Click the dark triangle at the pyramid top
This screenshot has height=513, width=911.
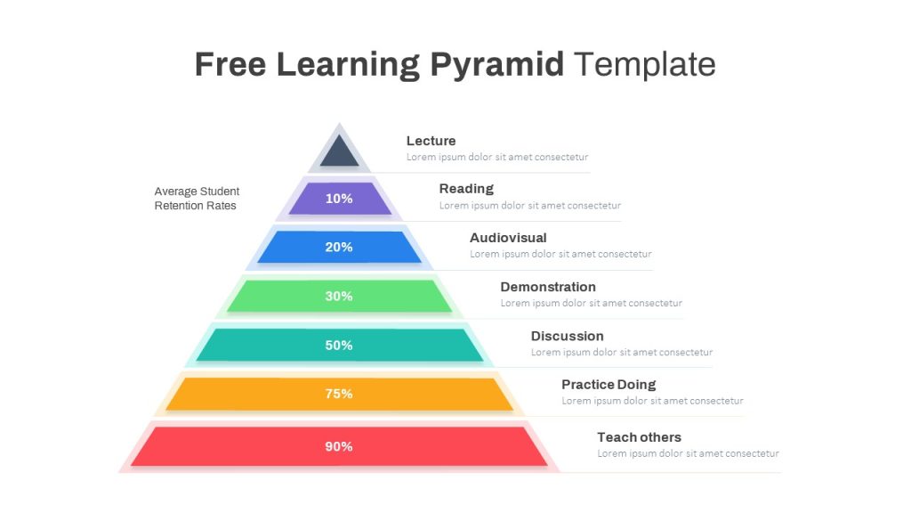339,152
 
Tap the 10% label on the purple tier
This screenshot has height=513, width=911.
339,199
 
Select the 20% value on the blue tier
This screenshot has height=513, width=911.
339,248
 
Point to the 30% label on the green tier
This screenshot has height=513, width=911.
339,297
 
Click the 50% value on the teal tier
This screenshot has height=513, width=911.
339,346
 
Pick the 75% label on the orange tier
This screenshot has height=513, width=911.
339,394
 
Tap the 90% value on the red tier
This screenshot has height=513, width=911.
339,446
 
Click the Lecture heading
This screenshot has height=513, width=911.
431,141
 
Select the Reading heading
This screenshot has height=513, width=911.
466,189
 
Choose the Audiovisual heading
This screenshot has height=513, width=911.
508,238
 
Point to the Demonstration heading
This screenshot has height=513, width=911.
548,287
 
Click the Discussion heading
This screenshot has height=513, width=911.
567,336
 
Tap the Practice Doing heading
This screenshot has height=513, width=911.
609,385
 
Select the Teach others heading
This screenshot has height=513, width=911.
639,437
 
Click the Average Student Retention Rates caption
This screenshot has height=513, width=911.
197,199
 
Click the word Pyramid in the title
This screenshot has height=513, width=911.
497,65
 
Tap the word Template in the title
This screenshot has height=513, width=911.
645,65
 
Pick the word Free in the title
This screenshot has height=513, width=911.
230,65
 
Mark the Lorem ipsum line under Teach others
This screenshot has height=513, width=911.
688,453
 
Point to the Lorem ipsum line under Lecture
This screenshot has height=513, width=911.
497,157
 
